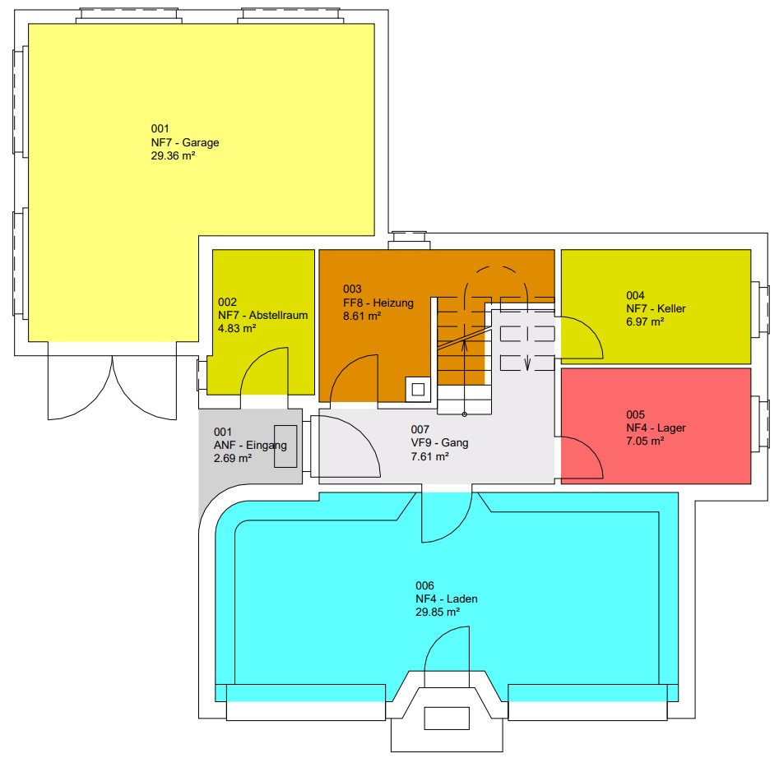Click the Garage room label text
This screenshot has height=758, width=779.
pos(185,142)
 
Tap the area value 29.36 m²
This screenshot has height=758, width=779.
pos(173,156)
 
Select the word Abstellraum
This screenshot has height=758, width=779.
pos(278,315)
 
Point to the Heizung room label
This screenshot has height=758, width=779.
pos(378,303)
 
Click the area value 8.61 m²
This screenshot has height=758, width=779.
pos(362,317)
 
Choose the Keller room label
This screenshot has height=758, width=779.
pos(656,309)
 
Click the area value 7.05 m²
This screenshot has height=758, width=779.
pos(645,441)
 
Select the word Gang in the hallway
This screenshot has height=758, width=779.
pos(455,443)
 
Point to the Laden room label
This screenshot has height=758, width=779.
pos(447,599)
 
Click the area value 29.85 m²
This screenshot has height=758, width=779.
pos(437,612)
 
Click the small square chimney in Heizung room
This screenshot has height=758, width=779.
pos(418,390)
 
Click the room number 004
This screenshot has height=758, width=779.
pos(635,295)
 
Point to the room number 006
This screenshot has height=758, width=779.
pos(424,585)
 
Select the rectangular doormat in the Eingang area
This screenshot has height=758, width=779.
pos(285,446)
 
